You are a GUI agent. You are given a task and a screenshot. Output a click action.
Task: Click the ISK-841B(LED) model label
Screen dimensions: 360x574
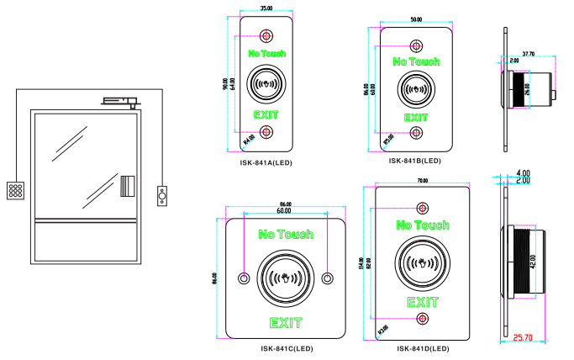point(415,160)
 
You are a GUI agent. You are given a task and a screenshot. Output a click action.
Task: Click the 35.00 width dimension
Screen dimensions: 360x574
point(266,8)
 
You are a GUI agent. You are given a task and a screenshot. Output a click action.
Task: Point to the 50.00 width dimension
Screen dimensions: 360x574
point(415,19)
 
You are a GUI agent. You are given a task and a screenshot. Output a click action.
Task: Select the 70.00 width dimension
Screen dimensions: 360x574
point(422,180)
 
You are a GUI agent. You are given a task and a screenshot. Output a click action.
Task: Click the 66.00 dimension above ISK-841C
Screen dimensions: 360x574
point(285,204)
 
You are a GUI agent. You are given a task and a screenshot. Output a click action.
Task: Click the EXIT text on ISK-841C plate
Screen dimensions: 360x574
point(285,321)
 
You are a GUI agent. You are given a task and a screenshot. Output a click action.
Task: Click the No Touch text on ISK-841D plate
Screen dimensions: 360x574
point(423,225)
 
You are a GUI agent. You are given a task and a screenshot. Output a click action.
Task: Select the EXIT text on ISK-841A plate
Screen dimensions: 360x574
point(266,114)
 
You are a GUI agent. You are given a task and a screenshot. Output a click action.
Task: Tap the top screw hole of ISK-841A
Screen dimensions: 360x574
point(266,36)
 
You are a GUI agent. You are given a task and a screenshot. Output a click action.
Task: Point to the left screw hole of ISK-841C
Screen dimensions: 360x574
point(244,278)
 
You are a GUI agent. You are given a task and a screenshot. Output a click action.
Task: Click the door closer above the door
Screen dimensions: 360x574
point(118,102)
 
